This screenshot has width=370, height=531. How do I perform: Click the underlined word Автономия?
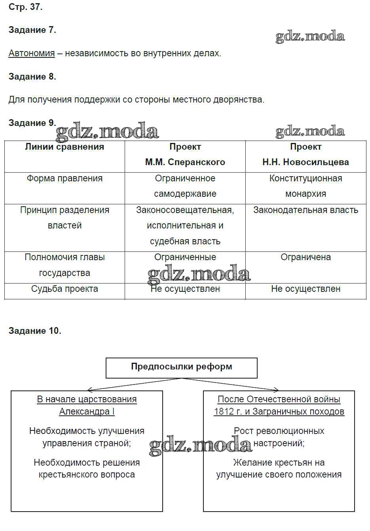32,53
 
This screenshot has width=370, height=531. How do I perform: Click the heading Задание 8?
32,76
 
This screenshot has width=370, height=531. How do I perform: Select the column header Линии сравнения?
65,147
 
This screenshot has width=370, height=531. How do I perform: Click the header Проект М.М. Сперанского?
185,154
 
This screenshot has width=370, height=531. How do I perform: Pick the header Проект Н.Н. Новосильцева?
305,154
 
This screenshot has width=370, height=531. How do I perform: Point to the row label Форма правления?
65,179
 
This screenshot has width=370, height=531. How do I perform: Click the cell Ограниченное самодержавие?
185,186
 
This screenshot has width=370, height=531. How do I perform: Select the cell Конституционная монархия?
305,186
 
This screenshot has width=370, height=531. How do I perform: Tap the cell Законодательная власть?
305,210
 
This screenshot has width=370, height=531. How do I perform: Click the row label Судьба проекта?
65,289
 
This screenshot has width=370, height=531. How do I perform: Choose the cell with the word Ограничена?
305,257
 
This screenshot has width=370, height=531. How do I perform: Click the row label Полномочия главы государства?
65,265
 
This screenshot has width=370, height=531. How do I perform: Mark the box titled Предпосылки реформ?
181,367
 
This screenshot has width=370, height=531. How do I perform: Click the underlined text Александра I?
87,411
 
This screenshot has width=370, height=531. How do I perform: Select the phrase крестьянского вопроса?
87,474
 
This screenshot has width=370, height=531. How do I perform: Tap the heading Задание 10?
35,331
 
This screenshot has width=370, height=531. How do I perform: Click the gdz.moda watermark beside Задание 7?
310,37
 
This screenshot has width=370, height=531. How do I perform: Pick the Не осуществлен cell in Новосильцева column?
305,289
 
